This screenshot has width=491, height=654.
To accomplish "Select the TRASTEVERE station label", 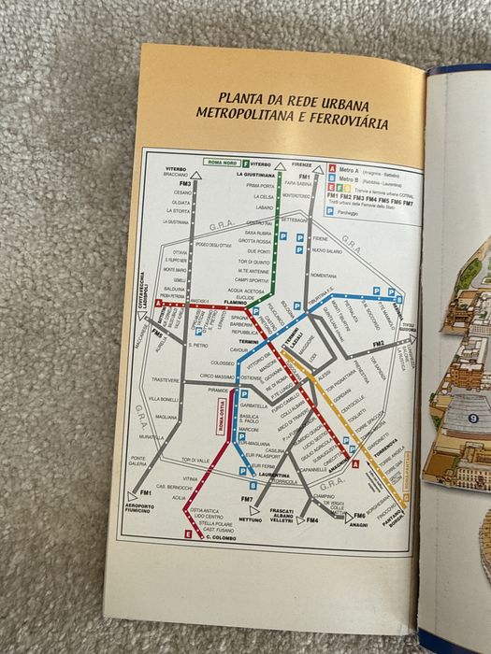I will (166, 380).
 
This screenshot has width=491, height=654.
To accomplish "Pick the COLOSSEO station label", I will (221, 363).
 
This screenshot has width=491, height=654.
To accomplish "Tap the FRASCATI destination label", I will (282, 511).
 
